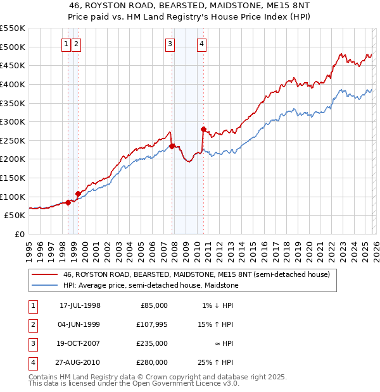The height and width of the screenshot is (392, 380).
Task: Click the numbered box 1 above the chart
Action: (x=66, y=44)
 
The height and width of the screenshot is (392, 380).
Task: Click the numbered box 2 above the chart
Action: (x=76, y=44)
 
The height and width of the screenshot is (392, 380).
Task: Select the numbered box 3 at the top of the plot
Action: (x=170, y=44)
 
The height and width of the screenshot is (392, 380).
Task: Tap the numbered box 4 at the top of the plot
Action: (x=201, y=44)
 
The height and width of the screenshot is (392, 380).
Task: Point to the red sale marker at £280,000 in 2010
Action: (x=203, y=129)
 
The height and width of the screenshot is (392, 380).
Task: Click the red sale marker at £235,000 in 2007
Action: (x=172, y=146)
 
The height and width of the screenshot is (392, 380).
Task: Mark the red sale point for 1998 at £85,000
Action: (x=68, y=202)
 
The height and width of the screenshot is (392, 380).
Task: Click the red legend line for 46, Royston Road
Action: (x=44, y=275)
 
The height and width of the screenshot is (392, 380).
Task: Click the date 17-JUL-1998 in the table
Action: (x=80, y=305)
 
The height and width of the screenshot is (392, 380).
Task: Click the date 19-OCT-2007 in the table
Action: (x=80, y=343)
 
